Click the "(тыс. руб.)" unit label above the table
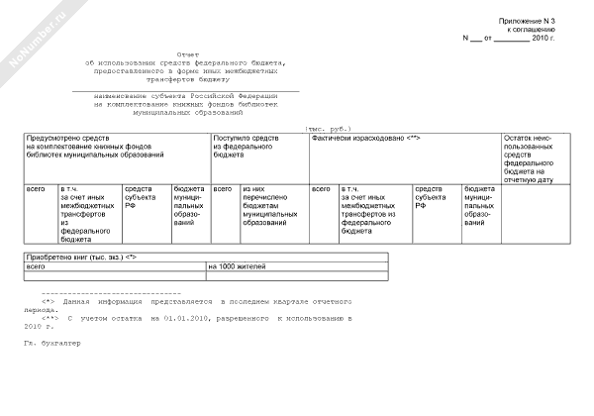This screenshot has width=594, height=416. pos(326,130)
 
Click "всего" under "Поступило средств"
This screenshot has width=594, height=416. pos(224,188)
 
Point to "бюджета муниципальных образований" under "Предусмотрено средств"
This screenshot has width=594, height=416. pos(189,205)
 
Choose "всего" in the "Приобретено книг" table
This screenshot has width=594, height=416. pos(36,266)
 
